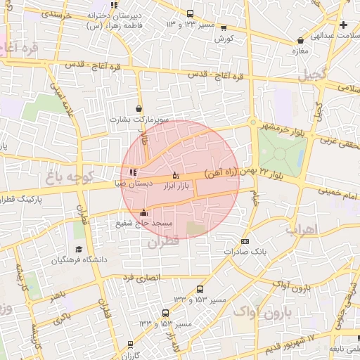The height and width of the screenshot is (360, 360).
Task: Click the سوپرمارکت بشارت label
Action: pyautogui.click(x=139, y=120)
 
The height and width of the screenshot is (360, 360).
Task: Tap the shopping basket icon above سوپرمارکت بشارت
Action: pyautogui.click(x=139, y=109)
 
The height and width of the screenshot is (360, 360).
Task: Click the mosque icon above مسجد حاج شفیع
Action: pyautogui.click(x=144, y=212)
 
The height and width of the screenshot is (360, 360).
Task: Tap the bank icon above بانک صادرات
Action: pyautogui.click(x=244, y=241)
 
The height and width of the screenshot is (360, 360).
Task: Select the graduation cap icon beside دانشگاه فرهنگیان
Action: pyautogui.click(x=79, y=250)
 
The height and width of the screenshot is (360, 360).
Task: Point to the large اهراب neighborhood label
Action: pyautogui.click(x=302, y=229)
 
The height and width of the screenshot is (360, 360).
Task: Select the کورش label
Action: pyautogui.click(x=224, y=39)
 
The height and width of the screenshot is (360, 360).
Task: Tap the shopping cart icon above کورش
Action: pyautogui.click(x=224, y=29)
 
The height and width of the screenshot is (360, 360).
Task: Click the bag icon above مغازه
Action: pyautogui.click(x=301, y=41)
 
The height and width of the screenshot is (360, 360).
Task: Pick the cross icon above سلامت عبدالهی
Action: pyautogui.click(x=342, y=25)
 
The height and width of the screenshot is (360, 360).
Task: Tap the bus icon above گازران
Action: pyautogui.click(x=130, y=344)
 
